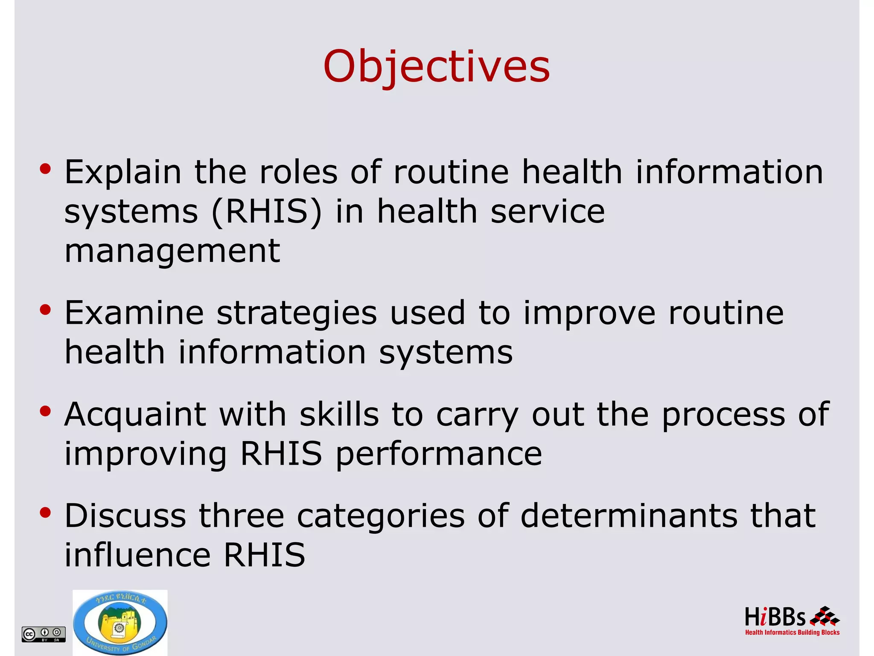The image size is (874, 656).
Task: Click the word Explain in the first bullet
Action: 123,172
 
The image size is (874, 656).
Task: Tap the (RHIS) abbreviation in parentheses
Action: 266,212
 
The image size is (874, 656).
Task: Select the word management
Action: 172,251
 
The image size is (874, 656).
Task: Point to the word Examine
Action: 134,313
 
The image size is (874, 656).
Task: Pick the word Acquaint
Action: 135,414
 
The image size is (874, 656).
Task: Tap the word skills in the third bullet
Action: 339,414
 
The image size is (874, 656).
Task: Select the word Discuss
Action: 125,515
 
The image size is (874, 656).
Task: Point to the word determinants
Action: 629,515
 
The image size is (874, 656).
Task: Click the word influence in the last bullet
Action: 137,555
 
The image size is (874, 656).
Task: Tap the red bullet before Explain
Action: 45,170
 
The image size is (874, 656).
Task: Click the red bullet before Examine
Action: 45,310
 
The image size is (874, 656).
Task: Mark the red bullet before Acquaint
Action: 45,411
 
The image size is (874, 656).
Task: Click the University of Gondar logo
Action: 120,623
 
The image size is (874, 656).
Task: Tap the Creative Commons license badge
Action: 44,634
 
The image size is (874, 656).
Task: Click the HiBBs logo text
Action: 775,617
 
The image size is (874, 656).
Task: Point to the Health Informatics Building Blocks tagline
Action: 792,633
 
